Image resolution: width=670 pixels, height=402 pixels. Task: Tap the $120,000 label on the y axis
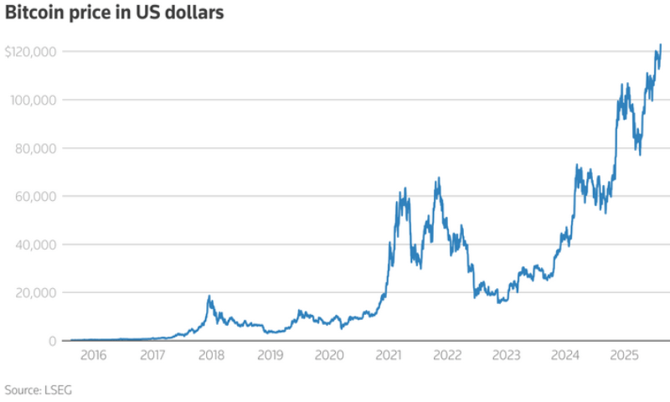(x=31, y=52)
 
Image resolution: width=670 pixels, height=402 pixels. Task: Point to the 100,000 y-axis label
(x=33, y=100)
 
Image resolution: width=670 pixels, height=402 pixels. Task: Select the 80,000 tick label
(x=36, y=148)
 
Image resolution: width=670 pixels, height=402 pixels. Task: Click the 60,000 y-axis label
(x=36, y=196)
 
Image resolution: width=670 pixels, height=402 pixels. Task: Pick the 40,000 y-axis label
(x=36, y=245)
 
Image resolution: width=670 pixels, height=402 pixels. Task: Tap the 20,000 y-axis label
(x=36, y=292)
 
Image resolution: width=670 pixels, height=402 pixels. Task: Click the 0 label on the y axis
(x=52, y=340)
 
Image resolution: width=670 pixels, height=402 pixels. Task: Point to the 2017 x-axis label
(x=152, y=356)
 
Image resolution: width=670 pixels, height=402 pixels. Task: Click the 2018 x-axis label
(x=210, y=356)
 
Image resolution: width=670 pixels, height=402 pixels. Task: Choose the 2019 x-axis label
(x=270, y=356)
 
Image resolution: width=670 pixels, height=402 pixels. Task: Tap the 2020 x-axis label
(x=328, y=356)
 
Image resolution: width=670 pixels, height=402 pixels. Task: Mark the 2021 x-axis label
(x=388, y=356)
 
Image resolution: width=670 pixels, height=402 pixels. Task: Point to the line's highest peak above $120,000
(x=661, y=44)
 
